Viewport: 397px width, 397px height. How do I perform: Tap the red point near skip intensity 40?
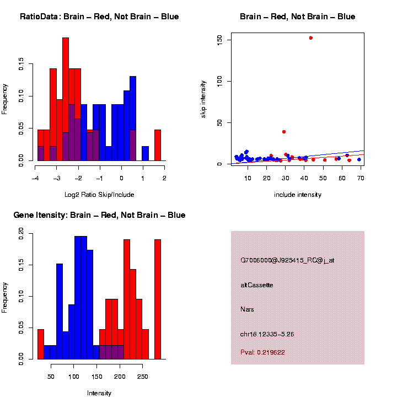pyautogui.click(x=284, y=132)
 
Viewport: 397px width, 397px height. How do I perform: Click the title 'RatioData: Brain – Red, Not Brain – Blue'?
pyautogui.click(x=99, y=17)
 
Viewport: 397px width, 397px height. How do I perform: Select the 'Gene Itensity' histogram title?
pyautogui.click(x=99, y=215)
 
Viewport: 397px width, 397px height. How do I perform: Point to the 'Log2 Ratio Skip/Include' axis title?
pyautogui.click(x=99, y=194)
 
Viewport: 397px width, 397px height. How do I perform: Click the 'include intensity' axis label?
pyautogui.click(x=298, y=194)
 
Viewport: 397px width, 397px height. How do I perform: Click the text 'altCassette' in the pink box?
pyautogui.click(x=257, y=285)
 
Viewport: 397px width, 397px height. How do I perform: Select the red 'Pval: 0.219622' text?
pyautogui.click(x=263, y=352)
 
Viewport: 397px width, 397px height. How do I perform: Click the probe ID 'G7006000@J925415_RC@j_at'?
pyautogui.click(x=287, y=260)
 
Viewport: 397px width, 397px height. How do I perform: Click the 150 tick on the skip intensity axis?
pyautogui.click(x=219, y=39)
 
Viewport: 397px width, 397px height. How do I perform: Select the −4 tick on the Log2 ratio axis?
pyautogui.click(x=35, y=178)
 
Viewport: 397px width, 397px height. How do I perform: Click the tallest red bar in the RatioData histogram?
pyautogui.click(x=66, y=99)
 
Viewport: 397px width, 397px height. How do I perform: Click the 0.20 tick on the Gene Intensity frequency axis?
pyautogui.click(x=21, y=234)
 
